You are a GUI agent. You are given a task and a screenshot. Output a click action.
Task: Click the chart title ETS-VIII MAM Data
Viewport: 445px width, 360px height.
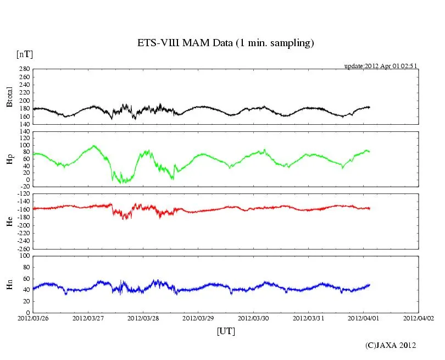point(225,43)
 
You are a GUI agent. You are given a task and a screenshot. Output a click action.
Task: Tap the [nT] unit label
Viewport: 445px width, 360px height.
point(24,54)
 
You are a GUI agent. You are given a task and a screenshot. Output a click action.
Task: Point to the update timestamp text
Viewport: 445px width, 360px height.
point(381,66)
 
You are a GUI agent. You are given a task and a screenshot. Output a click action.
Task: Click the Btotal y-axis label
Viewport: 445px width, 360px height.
point(9,97)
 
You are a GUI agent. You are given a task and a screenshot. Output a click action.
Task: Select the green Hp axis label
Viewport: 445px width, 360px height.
point(9,159)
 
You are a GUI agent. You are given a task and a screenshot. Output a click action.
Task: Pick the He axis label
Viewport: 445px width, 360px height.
point(9,221)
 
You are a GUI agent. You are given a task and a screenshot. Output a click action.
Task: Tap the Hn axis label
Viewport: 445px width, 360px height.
point(9,284)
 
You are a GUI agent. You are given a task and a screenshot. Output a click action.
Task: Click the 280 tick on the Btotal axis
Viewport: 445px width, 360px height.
point(24,69)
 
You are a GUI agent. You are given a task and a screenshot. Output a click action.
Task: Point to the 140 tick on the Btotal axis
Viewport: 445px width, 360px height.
point(24,124)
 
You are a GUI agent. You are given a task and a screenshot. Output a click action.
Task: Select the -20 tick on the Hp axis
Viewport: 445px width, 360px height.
point(25,186)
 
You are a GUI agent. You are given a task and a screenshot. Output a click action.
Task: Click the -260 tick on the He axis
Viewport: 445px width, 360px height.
point(23,248)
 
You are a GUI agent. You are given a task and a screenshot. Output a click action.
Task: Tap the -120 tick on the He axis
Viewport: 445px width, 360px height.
point(23,194)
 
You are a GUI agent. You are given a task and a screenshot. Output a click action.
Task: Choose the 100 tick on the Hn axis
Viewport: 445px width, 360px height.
point(24,256)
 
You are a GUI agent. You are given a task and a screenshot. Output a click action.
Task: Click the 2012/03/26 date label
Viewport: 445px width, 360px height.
point(33,318)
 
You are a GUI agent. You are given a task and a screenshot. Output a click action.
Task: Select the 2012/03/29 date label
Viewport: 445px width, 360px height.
point(198,318)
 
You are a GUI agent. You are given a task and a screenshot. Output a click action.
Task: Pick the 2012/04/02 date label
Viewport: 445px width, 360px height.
point(418,318)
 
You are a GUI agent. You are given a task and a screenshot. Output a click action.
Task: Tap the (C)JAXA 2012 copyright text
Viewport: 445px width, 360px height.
point(391,345)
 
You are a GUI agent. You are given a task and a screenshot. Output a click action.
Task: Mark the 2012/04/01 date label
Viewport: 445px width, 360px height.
point(363,318)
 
